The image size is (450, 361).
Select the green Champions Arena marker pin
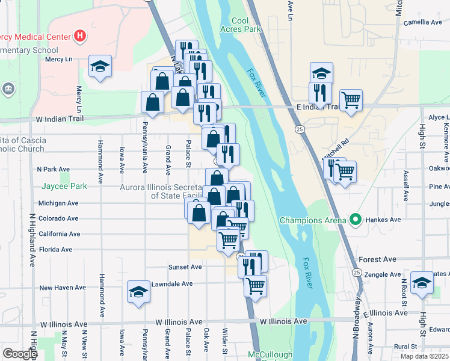tap(356, 220)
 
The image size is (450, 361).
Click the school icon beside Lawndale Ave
tap(138, 292)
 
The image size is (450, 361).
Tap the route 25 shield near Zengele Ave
tap(357, 273)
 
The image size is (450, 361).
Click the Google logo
tap(19, 353)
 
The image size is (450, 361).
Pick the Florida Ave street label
tap(55, 249)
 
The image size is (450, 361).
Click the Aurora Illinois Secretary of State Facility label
tap(158, 191)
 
